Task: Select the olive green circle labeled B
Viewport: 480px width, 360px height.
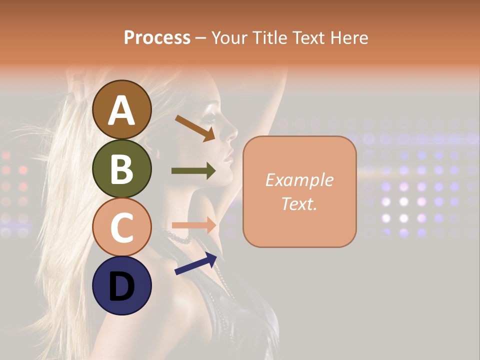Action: point(122,168)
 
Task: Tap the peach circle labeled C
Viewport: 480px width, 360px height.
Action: point(122,227)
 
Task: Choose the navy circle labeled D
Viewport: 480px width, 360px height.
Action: point(122,285)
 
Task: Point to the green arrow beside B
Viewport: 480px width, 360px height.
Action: point(193,171)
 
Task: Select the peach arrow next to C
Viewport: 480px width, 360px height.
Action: point(193,225)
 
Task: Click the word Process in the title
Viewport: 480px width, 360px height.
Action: point(157,37)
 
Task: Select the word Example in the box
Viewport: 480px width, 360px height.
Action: point(299,180)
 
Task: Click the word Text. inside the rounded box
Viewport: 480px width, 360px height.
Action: point(299,204)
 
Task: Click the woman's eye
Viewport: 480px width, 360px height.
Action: point(210,120)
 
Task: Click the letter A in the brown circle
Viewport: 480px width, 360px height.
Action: point(122,111)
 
